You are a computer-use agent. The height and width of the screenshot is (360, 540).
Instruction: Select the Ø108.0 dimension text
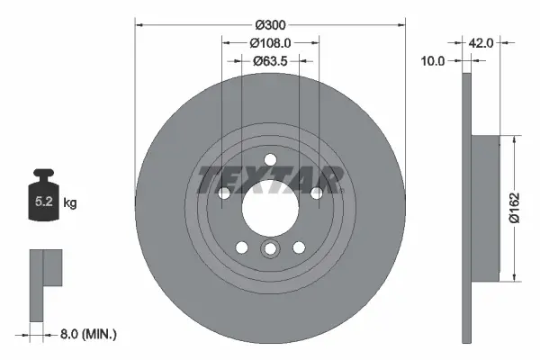[x=270, y=41]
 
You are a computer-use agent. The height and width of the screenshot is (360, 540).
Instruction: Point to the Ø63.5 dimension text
[x=270, y=61]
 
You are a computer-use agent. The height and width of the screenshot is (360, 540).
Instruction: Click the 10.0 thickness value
[x=434, y=61]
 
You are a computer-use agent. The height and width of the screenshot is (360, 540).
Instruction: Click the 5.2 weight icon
[x=43, y=202]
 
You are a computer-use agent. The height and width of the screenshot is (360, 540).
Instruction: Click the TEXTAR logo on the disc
[x=270, y=178]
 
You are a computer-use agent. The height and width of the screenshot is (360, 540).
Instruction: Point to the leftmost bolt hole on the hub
[x=224, y=193]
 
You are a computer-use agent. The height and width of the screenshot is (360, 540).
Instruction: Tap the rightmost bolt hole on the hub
[x=316, y=193]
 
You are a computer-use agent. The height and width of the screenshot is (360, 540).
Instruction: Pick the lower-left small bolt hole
[x=241, y=247]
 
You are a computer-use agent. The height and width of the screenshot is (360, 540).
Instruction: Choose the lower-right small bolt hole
[x=299, y=247]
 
